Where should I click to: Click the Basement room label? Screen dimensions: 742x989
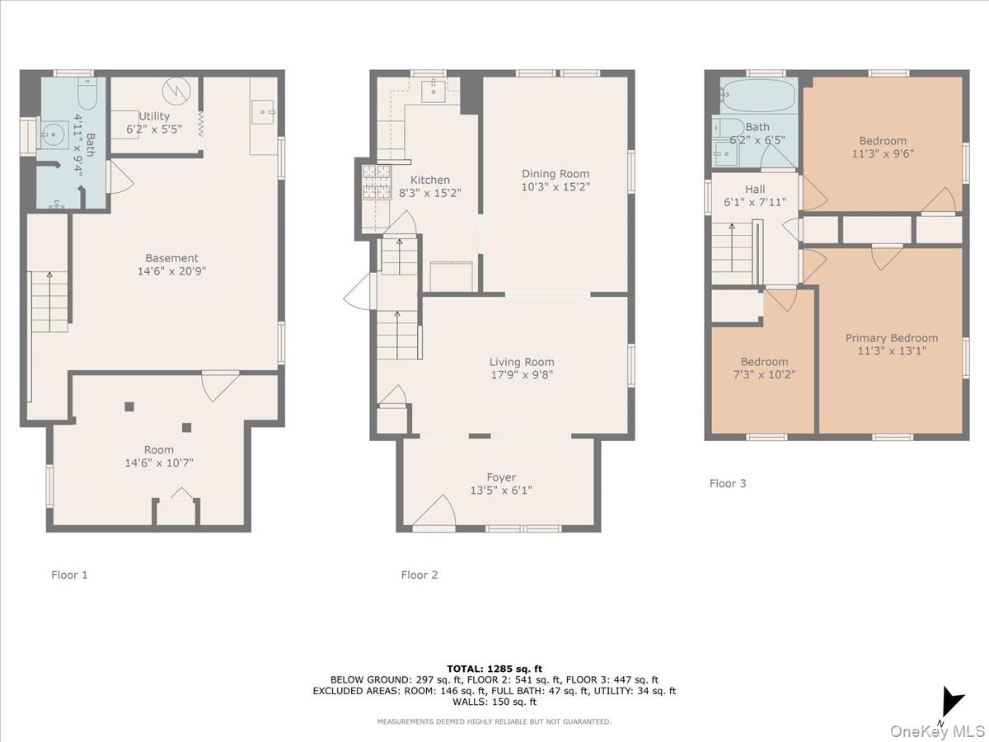[171, 258]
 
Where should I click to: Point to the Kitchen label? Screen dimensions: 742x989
[430, 180]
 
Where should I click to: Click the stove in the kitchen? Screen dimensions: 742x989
[375, 183]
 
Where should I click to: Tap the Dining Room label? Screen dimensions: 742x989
[555, 173]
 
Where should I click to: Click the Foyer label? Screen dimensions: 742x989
[501, 477]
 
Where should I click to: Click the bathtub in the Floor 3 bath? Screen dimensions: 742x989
[757, 96]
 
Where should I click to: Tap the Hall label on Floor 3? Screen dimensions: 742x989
[755, 189]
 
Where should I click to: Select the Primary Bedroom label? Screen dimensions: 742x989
[891, 338]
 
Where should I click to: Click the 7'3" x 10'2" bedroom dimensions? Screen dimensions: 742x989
[764, 374]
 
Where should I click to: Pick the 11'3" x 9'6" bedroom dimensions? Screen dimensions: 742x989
[883, 153]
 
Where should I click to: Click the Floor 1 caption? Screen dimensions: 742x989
[69, 575]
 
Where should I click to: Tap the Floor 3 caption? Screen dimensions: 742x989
[728, 483]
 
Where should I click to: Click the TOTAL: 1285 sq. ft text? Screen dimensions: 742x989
[494, 669]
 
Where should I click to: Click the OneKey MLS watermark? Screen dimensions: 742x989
[940, 730]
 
